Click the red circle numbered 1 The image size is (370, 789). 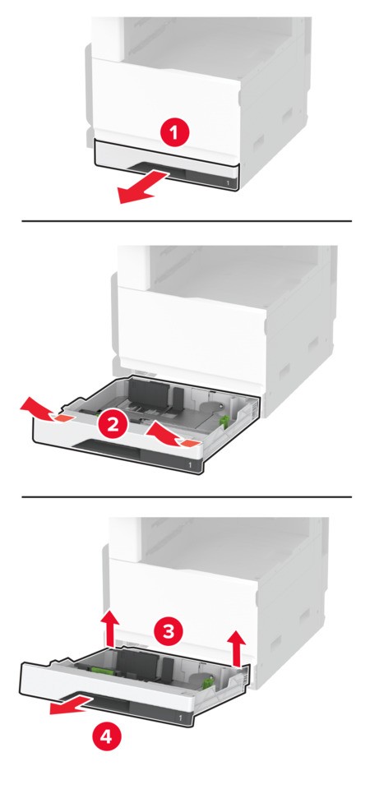(174, 134)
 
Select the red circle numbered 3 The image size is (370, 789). (169, 631)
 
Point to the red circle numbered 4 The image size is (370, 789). (106, 736)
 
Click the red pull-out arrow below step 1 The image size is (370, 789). (143, 187)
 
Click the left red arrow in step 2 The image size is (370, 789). (44, 410)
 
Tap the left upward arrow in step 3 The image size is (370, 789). (109, 628)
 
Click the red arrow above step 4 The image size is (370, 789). (72, 705)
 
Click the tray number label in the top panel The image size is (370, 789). (228, 183)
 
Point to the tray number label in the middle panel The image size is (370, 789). (190, 465)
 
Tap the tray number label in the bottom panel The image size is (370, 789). (181, 716)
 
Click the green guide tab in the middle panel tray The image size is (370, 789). (224, 421)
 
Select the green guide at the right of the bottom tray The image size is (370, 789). (208, 682)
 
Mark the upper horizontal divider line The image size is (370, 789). (187, 221)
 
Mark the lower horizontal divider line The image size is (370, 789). (187, 496)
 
